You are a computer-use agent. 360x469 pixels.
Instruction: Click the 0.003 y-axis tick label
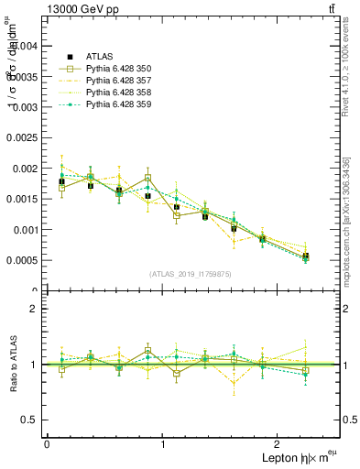[x=27, y=106]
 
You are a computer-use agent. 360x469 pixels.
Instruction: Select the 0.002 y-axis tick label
[x=27, y=168]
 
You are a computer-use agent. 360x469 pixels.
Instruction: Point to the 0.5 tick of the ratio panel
[x=33, y=420]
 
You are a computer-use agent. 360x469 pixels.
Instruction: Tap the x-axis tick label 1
[x=162, y=443]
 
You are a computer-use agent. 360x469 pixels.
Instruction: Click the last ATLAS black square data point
[x=305, y=256]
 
